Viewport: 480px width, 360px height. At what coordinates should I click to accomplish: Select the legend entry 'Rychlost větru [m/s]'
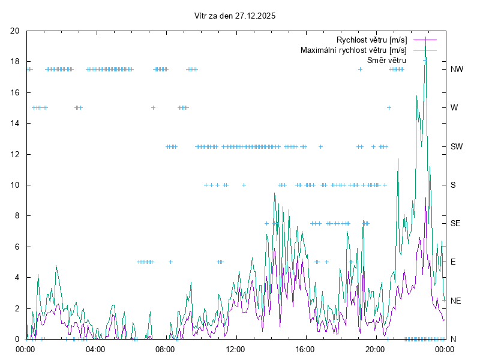coord(371,40)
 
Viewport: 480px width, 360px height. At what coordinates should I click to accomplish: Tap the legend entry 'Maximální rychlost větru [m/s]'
coord(353,50)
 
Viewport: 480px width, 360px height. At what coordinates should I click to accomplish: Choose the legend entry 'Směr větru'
coord(386,60)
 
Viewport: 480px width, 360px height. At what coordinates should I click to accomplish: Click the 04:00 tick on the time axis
coord(95,349)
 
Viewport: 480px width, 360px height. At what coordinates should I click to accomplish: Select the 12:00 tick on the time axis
coord(235,349)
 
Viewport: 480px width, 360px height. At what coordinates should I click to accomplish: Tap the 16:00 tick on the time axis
coord(305,349)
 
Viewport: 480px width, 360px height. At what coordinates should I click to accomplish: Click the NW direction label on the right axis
coord(457,70)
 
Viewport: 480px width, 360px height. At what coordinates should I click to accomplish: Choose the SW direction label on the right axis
coord(457,146)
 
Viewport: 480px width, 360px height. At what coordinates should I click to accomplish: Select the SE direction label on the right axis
coord(455,223)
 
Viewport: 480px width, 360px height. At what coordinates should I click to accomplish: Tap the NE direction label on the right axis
coord(456,301)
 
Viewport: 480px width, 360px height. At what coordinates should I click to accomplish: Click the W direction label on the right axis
coord(454,108)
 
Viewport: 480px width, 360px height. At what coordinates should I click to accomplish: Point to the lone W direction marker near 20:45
coord(389,108)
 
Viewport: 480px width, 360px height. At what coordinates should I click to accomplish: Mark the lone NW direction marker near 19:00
coord(361,70)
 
